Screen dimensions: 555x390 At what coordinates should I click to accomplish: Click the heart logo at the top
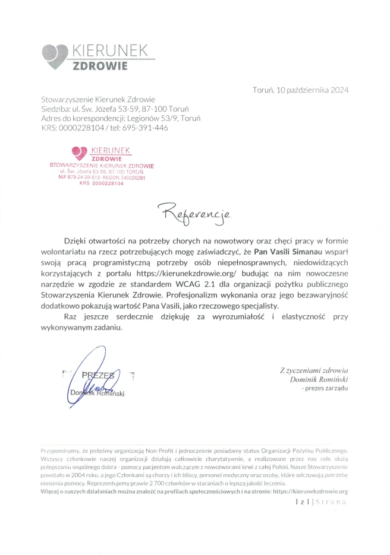click(x=55, y=56)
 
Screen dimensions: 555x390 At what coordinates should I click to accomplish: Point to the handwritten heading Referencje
click(x=194, y=211)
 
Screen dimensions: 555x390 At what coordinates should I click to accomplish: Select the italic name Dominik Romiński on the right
click(x=320, y=379)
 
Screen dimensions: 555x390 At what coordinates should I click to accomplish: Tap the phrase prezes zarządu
click(x=326, y=388)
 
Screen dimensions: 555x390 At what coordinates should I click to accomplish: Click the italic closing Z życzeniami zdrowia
click(x=314, y=370)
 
